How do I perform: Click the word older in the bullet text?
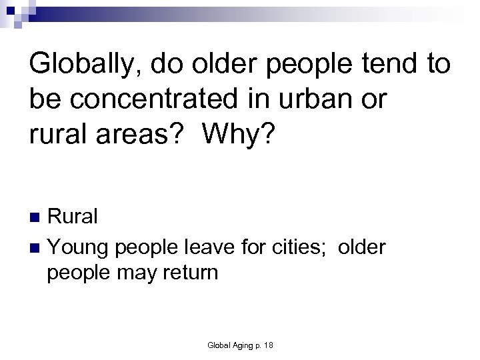click(362, 248)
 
